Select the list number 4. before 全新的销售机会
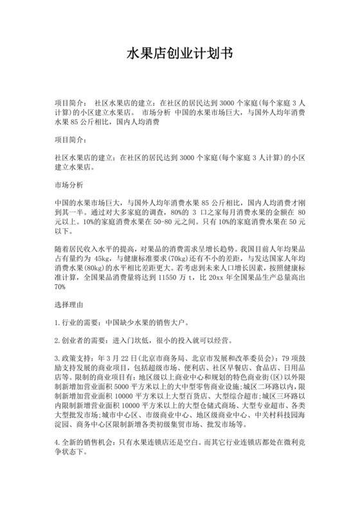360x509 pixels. click(x=58, y=445)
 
